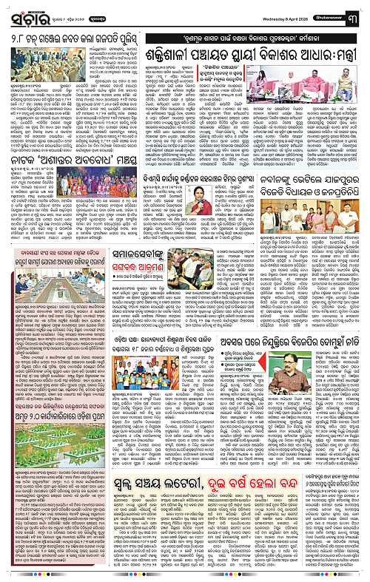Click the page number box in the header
[361, 10]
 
